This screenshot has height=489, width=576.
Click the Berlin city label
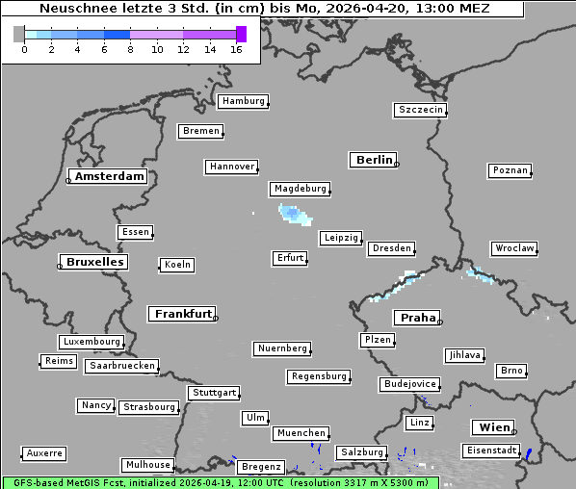coord(374,160)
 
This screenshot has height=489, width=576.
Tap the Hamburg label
coord(242,101)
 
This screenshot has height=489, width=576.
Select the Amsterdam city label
coord(110,176)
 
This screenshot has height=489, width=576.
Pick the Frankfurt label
coord(182,314)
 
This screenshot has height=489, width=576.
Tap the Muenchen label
coord(301,434)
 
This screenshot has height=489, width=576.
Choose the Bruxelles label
coord(93,262)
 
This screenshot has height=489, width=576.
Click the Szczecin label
coord(420,110)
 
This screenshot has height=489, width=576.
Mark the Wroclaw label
coord(513,248)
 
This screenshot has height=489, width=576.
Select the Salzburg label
coord(361,452)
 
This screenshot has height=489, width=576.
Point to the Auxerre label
coord(44,452)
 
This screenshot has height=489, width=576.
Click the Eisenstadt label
coord(490,450)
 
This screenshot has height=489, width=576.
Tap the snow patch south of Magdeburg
coord(292,214)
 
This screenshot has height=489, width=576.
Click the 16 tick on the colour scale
coord(236,48)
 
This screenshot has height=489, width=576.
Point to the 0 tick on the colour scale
coord(24,48)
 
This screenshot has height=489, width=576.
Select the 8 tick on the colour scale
coord(130,48)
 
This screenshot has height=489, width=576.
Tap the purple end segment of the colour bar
coord(241,34)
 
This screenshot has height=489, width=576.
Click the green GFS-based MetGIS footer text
coord(220,482)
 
